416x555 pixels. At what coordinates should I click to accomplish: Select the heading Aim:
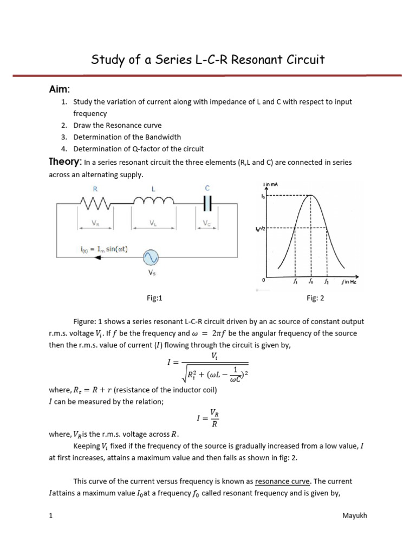[x=60, y=89]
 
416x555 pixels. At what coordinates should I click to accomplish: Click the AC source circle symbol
[x=150, y=257]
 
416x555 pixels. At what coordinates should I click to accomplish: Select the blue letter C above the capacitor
[x=207, y=188]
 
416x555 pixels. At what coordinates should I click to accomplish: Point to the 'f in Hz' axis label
[x=349, y=282]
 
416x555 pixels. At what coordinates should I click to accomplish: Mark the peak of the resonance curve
[x=310, y=196]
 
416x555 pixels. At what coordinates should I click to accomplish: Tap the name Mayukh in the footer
[x=354, y=515]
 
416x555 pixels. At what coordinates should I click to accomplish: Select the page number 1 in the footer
[x=50, y=515]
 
